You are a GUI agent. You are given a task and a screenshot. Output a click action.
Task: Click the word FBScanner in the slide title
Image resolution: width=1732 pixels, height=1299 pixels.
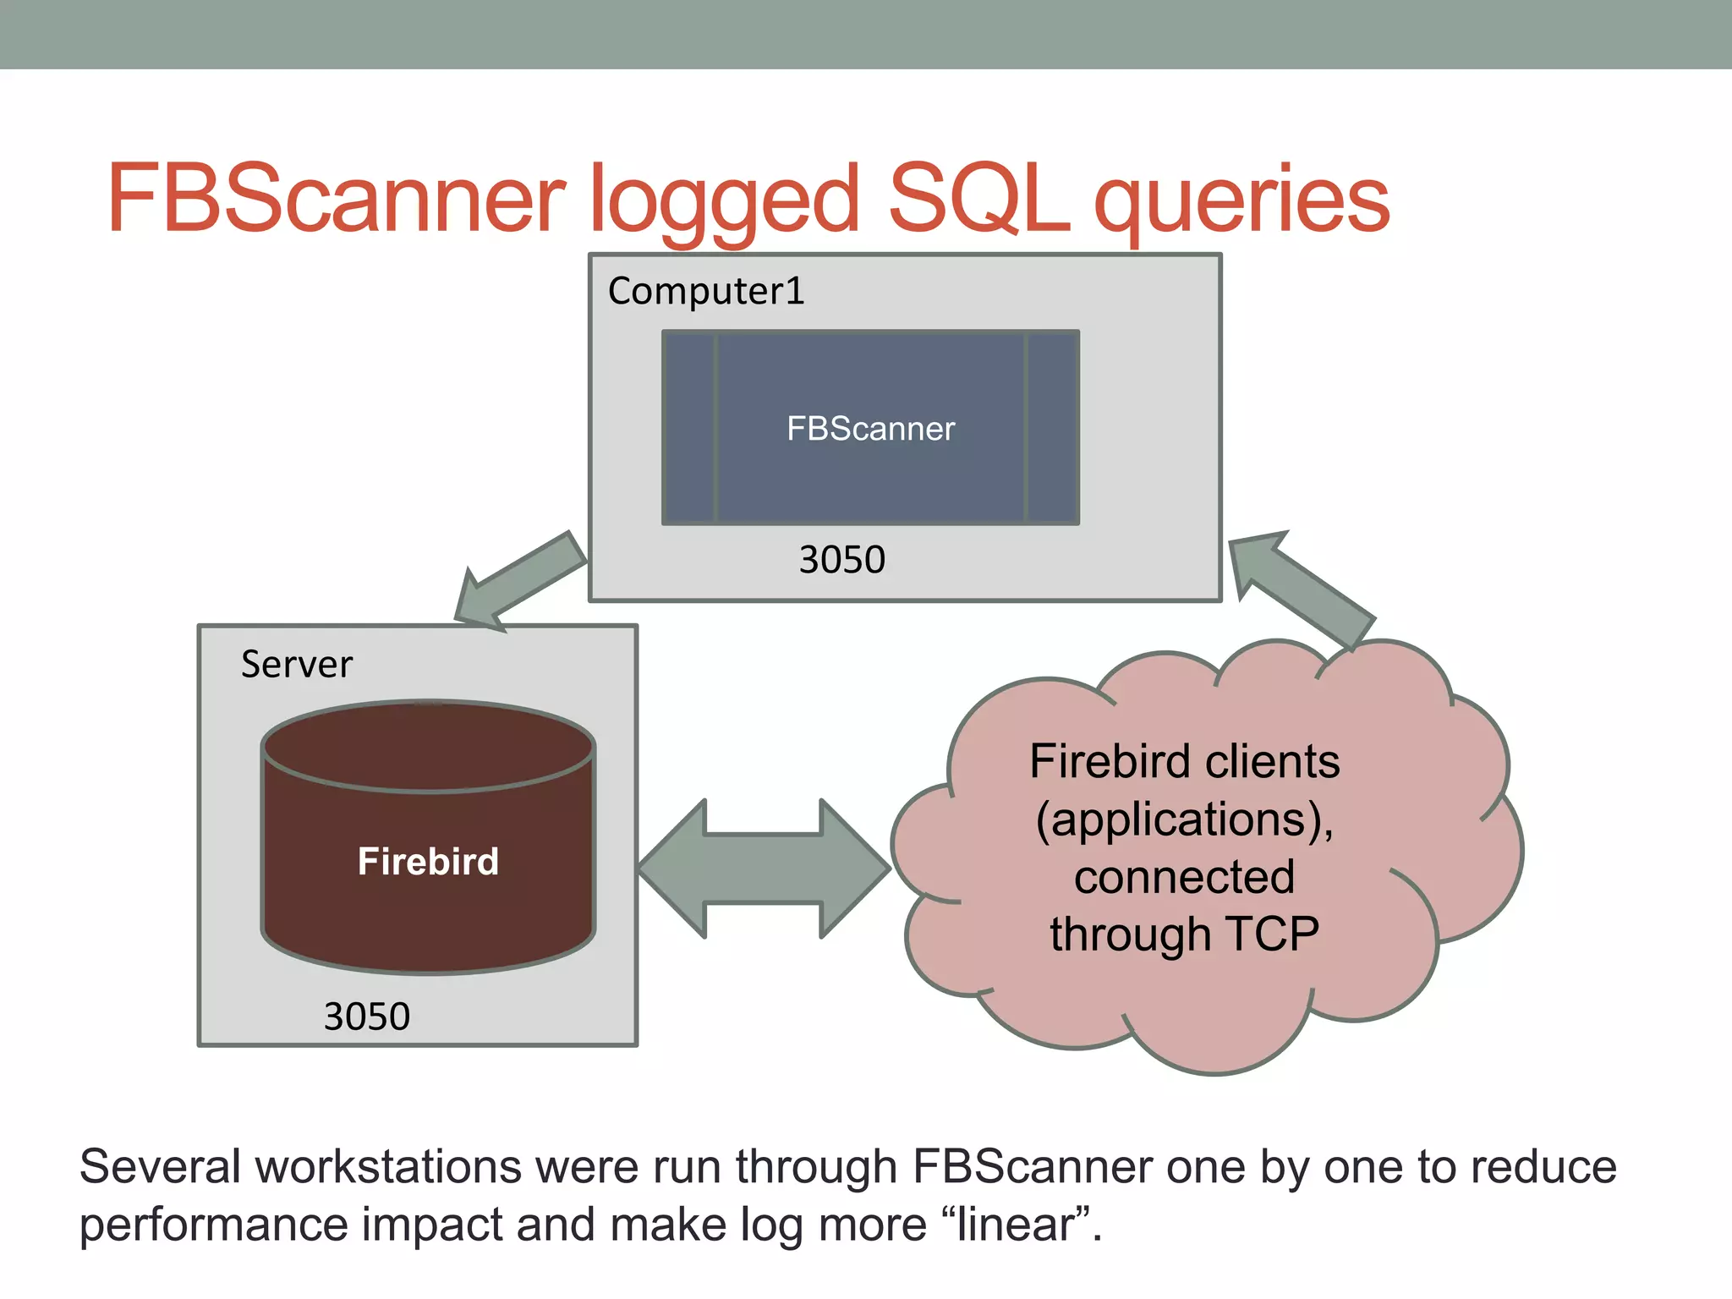coord(336,199)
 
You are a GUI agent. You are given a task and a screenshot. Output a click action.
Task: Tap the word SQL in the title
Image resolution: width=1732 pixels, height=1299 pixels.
coord(979,199)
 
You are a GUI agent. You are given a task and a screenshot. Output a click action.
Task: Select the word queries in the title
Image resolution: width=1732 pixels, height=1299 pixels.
coord(1241,203)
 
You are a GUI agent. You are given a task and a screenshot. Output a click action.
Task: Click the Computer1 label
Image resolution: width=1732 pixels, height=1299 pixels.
coord(706,292)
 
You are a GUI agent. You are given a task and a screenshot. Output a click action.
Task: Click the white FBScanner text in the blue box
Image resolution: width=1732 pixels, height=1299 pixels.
coord(870,429)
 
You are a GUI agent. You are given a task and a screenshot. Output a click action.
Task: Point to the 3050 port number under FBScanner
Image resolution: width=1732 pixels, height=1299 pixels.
coord(841,560)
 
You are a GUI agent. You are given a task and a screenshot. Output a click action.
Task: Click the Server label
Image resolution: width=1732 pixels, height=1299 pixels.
coord(296,665)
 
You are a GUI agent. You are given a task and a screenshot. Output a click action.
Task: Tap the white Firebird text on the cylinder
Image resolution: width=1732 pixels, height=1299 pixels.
coord(428,862)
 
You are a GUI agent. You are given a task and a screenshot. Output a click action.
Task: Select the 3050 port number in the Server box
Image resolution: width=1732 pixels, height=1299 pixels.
coord(366,1017)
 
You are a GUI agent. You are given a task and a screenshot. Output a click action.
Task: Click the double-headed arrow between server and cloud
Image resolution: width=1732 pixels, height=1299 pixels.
coord(764,869)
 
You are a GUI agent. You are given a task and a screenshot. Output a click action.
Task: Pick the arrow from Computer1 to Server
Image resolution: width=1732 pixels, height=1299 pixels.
coord(518,583)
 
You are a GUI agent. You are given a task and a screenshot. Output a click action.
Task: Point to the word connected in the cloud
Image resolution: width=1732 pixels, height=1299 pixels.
coord(1184,877)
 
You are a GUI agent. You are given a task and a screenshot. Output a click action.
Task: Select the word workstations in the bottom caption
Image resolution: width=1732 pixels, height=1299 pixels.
coord(389,1168)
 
